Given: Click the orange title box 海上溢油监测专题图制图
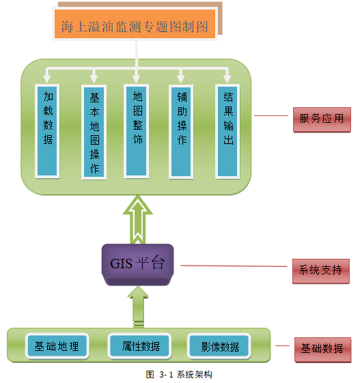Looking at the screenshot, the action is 135,24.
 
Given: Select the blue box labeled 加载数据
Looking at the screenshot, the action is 47,131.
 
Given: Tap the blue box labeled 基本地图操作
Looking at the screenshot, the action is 94,132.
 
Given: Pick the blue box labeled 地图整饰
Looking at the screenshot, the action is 137,131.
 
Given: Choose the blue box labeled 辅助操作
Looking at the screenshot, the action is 181,132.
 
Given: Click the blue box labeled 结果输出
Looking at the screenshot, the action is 227,131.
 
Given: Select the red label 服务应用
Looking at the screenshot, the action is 322,119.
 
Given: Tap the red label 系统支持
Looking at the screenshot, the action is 321,271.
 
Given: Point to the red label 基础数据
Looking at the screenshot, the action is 322,350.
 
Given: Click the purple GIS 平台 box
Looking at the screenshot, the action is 137,264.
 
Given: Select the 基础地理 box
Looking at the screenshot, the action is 57,346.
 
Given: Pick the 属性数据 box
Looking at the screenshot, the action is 139,346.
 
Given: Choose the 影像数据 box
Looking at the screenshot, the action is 219,346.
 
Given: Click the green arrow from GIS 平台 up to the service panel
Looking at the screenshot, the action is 138,220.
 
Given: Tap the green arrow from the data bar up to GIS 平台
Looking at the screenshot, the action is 138,307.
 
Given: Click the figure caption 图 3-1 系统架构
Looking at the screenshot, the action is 179,374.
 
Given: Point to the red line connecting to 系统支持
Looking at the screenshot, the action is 234,266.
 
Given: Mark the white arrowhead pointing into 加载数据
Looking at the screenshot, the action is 46,79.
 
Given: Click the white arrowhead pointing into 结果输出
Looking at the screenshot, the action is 227,79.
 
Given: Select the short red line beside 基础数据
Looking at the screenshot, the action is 282,345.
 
